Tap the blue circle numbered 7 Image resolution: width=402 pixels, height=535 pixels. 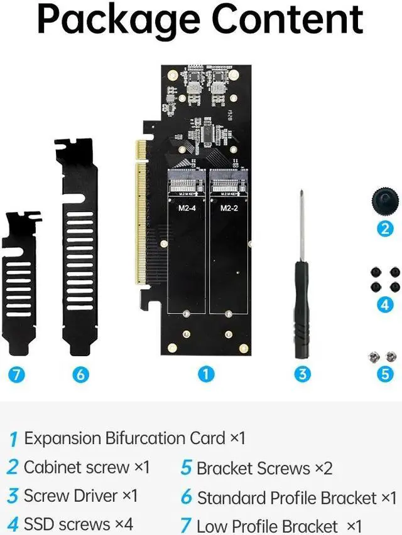[x=18, y=375]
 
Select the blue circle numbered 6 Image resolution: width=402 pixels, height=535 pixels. [x=80, y=375]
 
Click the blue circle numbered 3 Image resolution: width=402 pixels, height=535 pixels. [x=303, y=374]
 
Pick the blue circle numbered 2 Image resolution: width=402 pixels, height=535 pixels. [x=385, y=228]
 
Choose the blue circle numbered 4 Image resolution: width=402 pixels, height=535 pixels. [x=385, y=305]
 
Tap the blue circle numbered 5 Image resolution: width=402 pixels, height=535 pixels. [x=385, y=374]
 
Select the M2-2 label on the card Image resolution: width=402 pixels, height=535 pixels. [x=227, y=208]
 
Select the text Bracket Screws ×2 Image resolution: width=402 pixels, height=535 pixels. [x=264, y=468]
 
